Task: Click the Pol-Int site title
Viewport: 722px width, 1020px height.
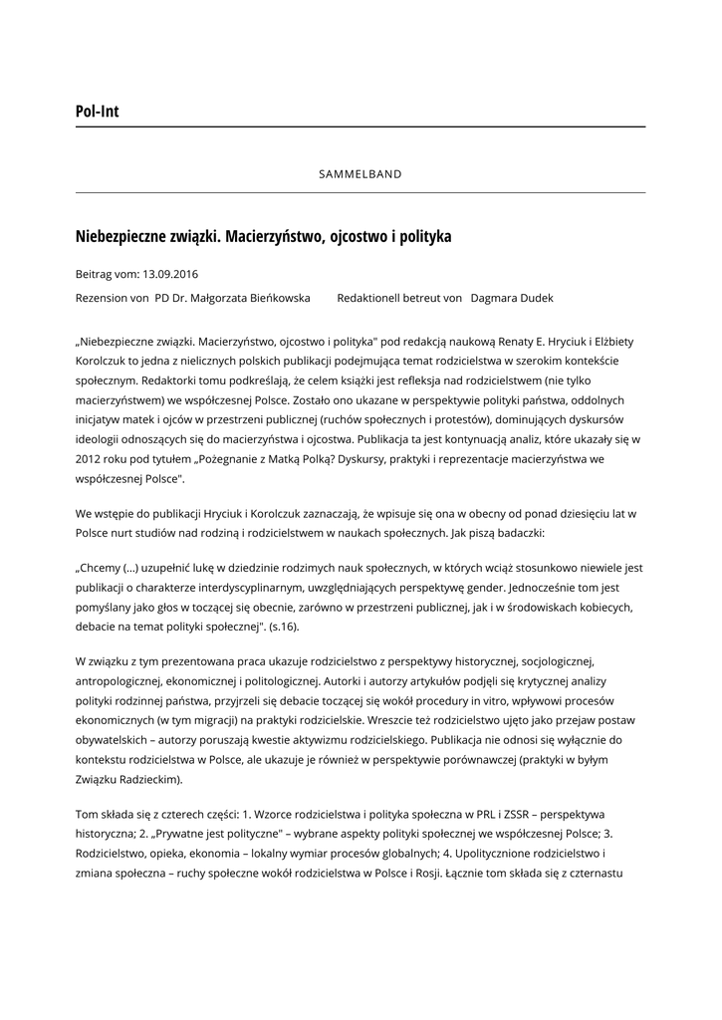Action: (x=97, y=112)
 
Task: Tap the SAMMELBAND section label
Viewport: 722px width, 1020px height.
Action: (x=361, y=174)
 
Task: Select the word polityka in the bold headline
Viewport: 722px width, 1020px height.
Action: (x=422, y=237)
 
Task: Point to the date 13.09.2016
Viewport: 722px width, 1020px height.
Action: (x=170, y=273)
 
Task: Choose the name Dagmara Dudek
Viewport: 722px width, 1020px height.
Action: (x=512, y=298)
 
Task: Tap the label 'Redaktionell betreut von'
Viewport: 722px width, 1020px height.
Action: (x=399, y=298)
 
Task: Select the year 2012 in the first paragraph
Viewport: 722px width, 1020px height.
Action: (x=91, y=461)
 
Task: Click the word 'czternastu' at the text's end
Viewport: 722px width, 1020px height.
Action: (x=593, y=874)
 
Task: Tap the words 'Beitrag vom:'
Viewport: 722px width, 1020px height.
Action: (x=107, y=273)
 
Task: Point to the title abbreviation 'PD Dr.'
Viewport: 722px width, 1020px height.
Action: (x=172, y=298)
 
